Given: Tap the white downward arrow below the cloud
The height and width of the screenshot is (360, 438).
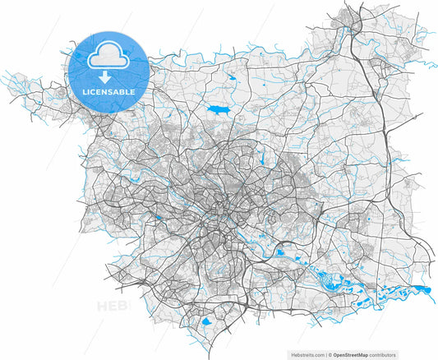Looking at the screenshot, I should pyautogui.click(x=108, y=76).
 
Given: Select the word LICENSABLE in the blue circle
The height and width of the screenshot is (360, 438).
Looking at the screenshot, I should pyautogui.click(x=108, y=91).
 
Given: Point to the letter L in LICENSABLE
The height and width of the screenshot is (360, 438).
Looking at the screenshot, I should pyautogui.click(x=85, y=91).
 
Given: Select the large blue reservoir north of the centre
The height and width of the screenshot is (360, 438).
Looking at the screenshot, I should pyautogui.click(x=219, y=108).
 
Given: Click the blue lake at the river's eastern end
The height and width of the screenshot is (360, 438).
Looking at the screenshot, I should pyautogui.click(x=423, y=288).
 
